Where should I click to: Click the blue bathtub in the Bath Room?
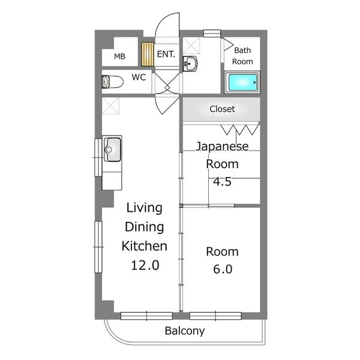pyautogui.click(x=242, y=82)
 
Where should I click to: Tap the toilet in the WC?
pyautogui.click(x=112, y=82)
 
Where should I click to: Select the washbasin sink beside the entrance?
pyautogui.click(x=190, y=64)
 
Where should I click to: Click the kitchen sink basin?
pyautogui.click(x=112, y=149)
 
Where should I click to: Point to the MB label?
pyautogui.click(x=119, y=56)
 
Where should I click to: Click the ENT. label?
pyautogui.click(x=166, y=54)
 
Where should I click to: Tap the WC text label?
pyautogui.click(x=139, y=77)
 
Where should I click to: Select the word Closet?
pyautogui.click(x=222, y=109)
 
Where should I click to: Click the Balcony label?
pyautogui.click(x=185, y=331)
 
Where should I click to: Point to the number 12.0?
pyautogui.click(x=145, y=265)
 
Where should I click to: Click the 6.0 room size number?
pyautogui.click(x=223, y=269)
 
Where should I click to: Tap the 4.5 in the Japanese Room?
pyautogui.click(x=222, y=181)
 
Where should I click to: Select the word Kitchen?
pyautogui.click(x=145, y=246)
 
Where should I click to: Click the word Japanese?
pyautogui.click(x=222, y=146)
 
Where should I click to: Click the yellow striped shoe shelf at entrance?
pyautogui.click(x=148, y=54)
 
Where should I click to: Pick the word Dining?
pyautogui.click(x=145, y=227)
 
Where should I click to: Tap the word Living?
pyautogui.click(x=145, y=208)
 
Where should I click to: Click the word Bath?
pyautogui.click(x=242, y=50)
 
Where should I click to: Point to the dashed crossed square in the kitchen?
pyautogui.click(x=110, y=106)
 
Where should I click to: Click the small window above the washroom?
pyautogui.click(x=212, y=33)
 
